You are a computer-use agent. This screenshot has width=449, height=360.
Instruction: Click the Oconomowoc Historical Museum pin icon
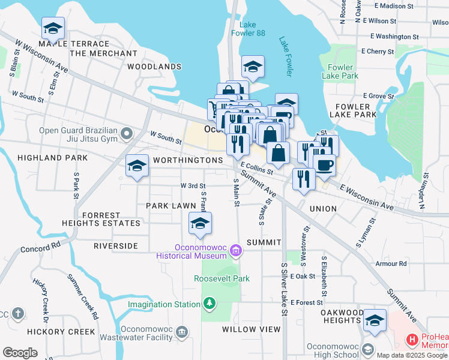236,251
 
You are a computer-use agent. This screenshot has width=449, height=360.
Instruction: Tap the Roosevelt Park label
221,278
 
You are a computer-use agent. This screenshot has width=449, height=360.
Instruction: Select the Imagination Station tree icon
209,304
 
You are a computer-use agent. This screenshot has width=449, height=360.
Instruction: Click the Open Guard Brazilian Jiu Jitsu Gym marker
126,133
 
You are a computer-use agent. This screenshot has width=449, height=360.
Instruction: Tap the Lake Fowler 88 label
252,29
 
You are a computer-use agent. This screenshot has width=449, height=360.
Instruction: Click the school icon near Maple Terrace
53,28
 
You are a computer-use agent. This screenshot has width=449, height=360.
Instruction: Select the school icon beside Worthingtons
137,166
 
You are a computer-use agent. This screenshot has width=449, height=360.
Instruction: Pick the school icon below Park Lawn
200,224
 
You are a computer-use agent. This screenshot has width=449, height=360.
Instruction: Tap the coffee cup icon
324,165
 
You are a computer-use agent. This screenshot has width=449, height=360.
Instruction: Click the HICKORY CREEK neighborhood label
61,331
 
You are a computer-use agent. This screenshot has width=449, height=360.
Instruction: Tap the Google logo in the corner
20,353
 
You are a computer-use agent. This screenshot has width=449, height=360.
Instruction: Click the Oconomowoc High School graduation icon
367,348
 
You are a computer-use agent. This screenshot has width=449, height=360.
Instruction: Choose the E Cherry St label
378,52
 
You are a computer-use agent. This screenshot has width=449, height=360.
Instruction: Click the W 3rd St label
193,186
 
